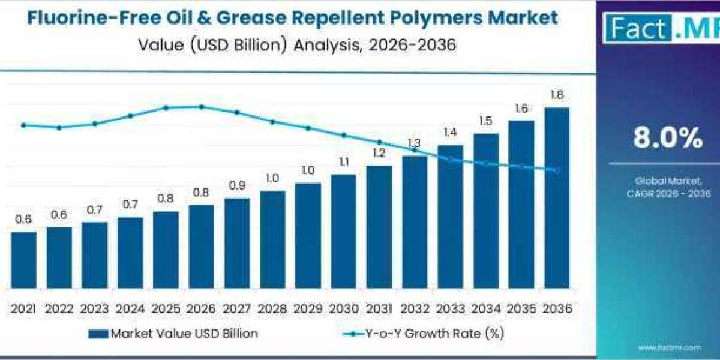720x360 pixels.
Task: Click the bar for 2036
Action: [557, 198]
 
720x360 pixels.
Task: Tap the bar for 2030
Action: [344, 231]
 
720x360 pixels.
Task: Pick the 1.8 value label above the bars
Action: [557, 95]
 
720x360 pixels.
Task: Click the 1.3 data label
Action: [415, 143]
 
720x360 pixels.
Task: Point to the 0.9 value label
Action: [237, 186]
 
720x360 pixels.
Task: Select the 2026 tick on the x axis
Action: [202, 308]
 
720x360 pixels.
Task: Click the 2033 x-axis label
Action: [450, 308]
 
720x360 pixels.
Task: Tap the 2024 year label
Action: [130, 308]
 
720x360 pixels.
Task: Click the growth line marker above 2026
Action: [202, 107]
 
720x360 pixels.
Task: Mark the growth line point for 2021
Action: [23, 125]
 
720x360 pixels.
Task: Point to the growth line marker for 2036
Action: [557, 170]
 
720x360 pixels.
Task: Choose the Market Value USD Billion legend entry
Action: [174, 334]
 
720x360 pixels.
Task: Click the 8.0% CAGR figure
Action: [668, 139]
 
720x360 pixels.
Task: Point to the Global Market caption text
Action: [668, 180]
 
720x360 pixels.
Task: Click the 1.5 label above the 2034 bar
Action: [486, 121]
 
